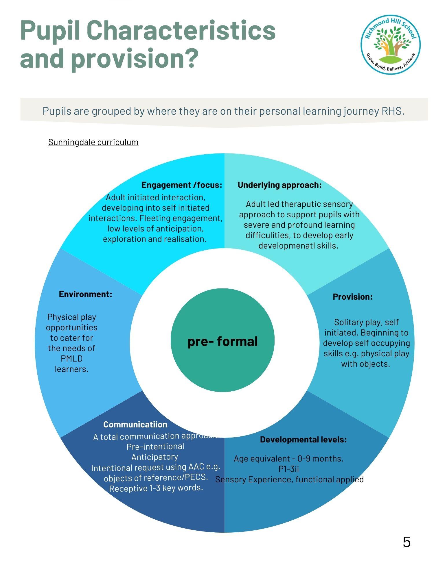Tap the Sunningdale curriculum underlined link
93,142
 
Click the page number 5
406,542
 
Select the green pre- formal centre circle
222,341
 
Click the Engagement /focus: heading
182,185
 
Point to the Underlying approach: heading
279,185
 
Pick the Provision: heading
352,297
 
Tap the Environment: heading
85,294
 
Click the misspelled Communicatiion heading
135,425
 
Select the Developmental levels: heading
303,440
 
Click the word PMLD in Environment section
71,359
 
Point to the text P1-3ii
288,469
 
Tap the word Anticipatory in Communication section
154,457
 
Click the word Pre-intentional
155,447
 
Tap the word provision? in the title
135,58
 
